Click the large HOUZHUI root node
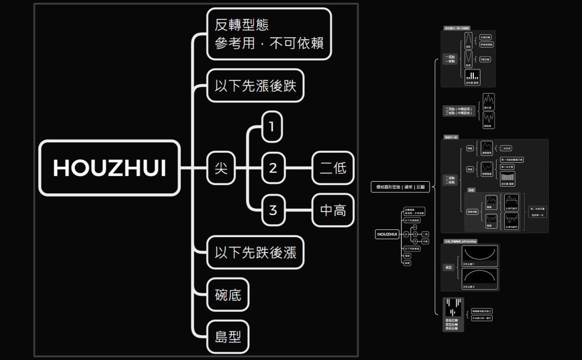click(109, 168)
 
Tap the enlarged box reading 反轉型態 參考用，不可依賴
click(269, 33)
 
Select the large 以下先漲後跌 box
click(256, 86)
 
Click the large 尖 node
click(221, 167)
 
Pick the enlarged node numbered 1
click(272, 127)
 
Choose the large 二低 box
click(333, 167)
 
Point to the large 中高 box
click(333, 210)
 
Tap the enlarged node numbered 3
click(272, 210)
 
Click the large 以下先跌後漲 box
click(256, 253)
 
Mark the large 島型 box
click(228, 336)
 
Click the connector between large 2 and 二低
click(299, 167)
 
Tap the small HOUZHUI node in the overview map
click(387, 234)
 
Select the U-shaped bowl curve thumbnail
click(479, 254)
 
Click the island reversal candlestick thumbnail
click(453, 307)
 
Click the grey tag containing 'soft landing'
click(460, 242)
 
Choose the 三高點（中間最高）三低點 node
click(460, 111)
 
